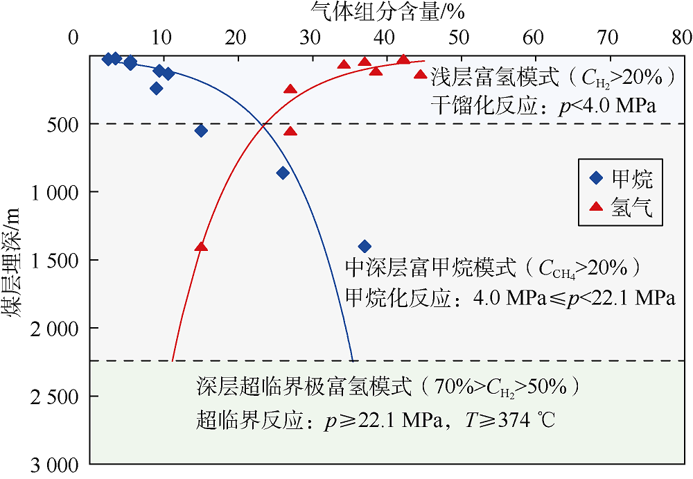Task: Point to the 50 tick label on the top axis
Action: (x=457, y=37)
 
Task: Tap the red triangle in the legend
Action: (x=595, y=207)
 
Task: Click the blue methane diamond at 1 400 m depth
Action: (x=365, y=246)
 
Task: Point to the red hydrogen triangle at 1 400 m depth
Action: (x=201, y=246)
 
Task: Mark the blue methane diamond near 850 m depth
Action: (x=283, y=173)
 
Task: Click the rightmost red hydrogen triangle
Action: (x=420, y=74)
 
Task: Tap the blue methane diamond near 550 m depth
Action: (x=201, y=130)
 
